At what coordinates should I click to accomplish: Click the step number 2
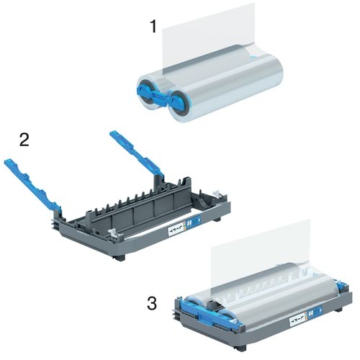pyautogui.click(x=24, y=139)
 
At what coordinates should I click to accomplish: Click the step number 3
pyautogui.click(x=151, y=304)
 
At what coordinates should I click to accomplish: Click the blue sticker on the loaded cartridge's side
pyautogui.click(x=310, y=312)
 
